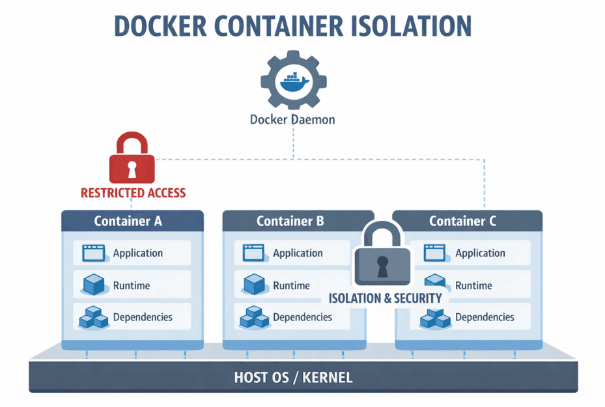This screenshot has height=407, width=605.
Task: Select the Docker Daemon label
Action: click(x=292, y=120)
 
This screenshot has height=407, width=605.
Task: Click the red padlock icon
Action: click(x=132, y=160)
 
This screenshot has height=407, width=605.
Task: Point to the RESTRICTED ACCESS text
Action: click(x=133, y=193)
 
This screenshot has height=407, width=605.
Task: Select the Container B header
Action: click(x=290, y=221)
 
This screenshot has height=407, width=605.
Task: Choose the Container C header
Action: click(x=462, y=221)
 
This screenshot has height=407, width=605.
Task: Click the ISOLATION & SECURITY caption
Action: click(x=385, y=298)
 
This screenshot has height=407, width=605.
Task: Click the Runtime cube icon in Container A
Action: click(x=94, y=285)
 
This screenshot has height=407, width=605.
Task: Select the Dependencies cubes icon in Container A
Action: click(x=94, y=318)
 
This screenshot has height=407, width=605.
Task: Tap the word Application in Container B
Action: click(x=298, y=253)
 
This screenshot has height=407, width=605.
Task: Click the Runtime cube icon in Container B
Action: click(x=253, y=285)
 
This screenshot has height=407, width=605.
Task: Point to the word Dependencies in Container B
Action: click(x=302, y=317)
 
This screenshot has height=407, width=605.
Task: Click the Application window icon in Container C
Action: click(x=434, y=253)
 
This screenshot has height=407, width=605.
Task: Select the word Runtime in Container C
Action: click(x=473, y=285)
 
